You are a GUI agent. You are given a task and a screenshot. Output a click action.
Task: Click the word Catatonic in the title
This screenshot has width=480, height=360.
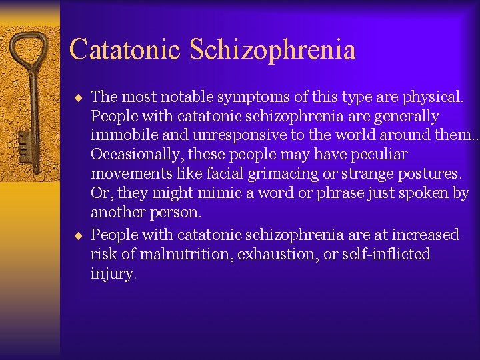[x=124, y=49]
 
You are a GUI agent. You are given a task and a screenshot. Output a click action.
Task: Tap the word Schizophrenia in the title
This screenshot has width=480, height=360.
[x=272, y=49]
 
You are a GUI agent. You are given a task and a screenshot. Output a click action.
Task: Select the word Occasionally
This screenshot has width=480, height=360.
[x=135, y=155]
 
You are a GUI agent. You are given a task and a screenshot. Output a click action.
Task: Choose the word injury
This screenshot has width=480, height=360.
[x=111, y=274]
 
